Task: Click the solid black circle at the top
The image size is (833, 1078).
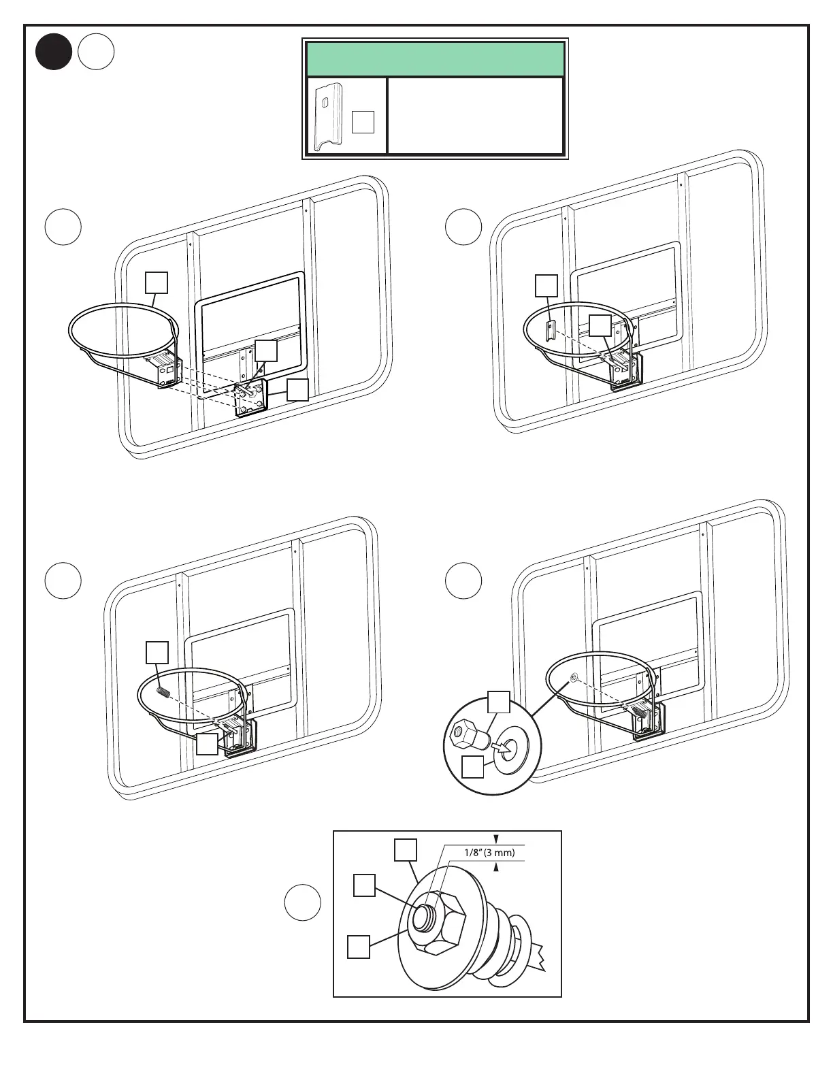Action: click(x=54, y=52)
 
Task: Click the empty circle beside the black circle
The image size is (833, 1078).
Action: click(x=95, y=52)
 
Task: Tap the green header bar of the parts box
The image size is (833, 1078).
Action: click(x=435, y=59)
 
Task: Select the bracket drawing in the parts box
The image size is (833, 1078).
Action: click(x=328, y=117)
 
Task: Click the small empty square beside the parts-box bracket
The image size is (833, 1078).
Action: click(x=363, y=122)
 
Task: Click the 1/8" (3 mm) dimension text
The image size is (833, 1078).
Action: click(x=489, y=852)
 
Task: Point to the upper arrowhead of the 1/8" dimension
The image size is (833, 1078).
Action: click(x=496, y=839)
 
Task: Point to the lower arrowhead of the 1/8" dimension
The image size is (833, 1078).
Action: click(x=496, y=866)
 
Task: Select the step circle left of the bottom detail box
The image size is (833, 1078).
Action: click(x=302, y=902)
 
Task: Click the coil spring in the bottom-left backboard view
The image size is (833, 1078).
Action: click(x=163, y=691)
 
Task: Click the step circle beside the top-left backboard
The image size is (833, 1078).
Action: click(x=63, y=227)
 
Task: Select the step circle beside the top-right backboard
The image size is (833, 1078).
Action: click(x=463, y=227)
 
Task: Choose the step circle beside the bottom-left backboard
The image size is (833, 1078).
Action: click(x=63, y=581)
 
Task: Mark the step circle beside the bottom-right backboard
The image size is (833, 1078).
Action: click(x=463, y=581)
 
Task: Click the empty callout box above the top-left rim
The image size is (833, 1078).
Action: click(x=157, y=282)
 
